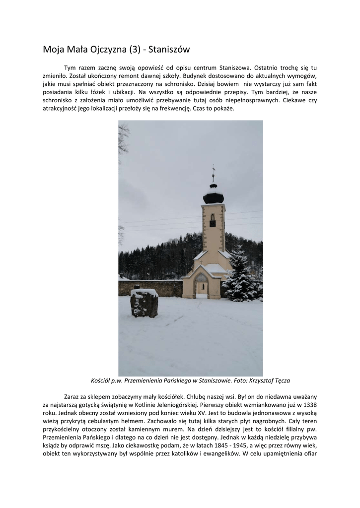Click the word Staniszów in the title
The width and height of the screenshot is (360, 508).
pyautogui.click(x=168, y=50)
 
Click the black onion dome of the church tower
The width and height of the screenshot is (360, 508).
pyautogui.click(x=214, y=197)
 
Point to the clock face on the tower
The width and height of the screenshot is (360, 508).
pyautogui.click(x=213, y=224)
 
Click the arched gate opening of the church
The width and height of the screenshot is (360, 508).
pyautogui.click(x=201, y=288)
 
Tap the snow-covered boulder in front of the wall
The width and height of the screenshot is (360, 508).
pyautogui.click(x=144, y=303)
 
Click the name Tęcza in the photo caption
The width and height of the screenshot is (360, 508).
pyautogui.click(x=280, y=381)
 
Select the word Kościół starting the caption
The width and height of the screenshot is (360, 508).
pyautogui.click(x=101, y=381)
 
